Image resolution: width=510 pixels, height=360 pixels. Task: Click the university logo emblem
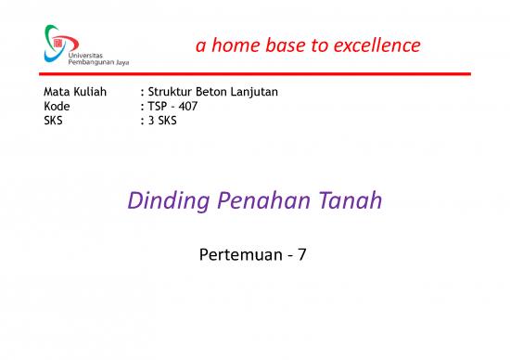[57, 39]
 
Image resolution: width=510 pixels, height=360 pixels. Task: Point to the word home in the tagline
[232, 45]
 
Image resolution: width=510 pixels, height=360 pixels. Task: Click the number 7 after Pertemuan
[303, 251]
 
